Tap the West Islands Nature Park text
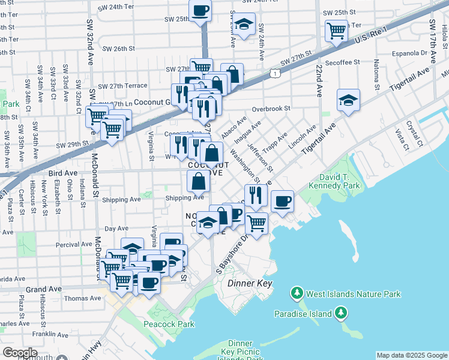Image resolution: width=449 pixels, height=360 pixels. (353, 294)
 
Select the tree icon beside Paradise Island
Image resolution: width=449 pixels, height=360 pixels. (341, 313)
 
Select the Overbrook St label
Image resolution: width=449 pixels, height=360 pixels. (271, 109)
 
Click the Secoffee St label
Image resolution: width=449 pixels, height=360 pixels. (342, 62)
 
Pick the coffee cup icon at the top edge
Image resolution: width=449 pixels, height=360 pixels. (200, 11)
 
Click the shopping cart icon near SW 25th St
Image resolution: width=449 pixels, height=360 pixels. (336, 30)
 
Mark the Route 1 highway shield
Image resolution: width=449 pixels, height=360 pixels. (274, 73)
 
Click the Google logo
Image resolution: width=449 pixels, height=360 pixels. (20, 353)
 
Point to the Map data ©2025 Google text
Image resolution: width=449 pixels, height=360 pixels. (412, 355)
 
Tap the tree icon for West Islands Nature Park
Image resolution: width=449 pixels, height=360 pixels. (296, 293)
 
